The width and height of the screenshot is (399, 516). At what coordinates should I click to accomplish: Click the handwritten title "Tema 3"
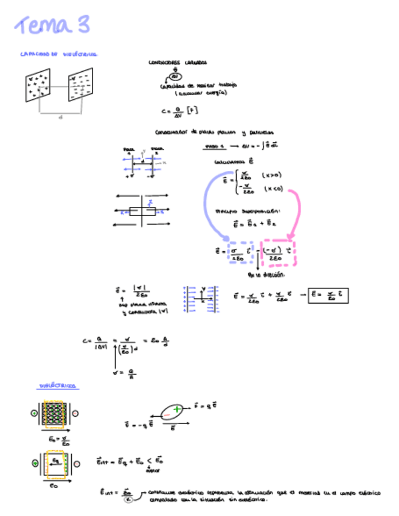click(x=53, y=26)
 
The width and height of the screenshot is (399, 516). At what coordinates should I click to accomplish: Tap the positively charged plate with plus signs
click(x=38, y=85)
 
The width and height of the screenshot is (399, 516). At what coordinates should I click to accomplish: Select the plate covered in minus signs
click(x=80, y=85)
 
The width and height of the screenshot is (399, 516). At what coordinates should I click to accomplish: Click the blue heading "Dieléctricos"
click(x=58, y=386)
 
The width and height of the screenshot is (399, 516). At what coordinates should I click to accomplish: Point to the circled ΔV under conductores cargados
click(x=175, y=77)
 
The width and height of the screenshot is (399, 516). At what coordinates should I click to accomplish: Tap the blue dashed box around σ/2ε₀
click(x=238, y=253)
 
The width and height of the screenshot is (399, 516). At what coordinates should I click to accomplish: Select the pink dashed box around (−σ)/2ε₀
click(x=277, y=253)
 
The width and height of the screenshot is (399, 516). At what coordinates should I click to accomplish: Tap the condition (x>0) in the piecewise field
click(x=271, y=175)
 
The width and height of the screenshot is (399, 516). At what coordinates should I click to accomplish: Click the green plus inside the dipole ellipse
click(x=176, y=410)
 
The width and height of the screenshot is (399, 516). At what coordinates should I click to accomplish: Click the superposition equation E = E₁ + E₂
click(x=248, y=224)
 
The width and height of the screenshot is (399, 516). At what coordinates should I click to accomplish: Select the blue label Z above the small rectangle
click(x=150, y=202)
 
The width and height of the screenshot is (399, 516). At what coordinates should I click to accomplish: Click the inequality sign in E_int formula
click(x=146, y=462)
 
